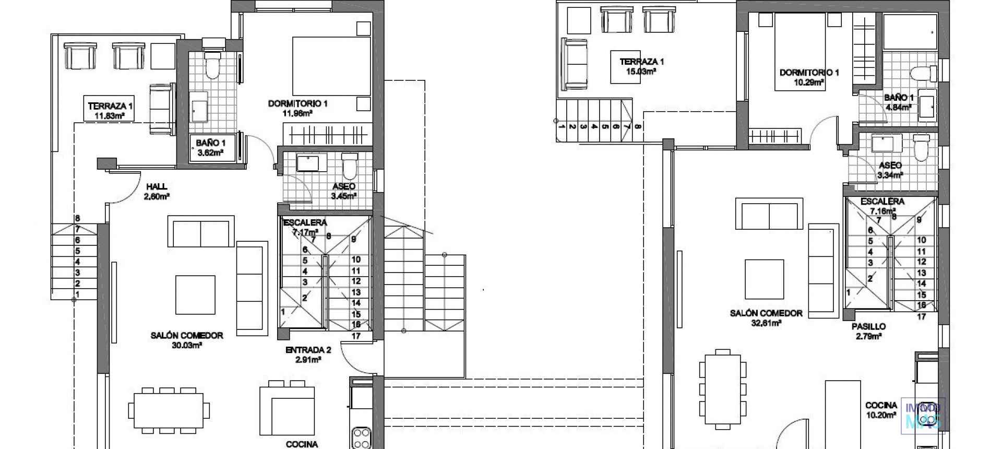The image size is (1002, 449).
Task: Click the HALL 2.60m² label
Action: click(x=157, y=191)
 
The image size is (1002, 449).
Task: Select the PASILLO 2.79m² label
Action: click(x=868, y=331)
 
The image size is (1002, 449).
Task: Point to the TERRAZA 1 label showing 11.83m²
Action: click(x=110, y=110)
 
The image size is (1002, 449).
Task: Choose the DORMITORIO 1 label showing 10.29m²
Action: click(x=809, y=77)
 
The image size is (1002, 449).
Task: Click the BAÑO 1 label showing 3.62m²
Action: click(x=211, y=147)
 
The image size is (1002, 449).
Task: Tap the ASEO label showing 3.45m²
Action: click(x=343, y=191)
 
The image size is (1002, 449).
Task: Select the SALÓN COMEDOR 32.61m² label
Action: click(x=766, y=317)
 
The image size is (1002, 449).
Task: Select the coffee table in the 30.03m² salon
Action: click(x=195, y=294)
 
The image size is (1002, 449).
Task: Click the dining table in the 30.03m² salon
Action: click(x=169, y=410)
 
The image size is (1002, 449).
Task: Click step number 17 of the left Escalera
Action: click(x=356, y=336)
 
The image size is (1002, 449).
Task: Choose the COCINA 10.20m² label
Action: click(x=881, y=410)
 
